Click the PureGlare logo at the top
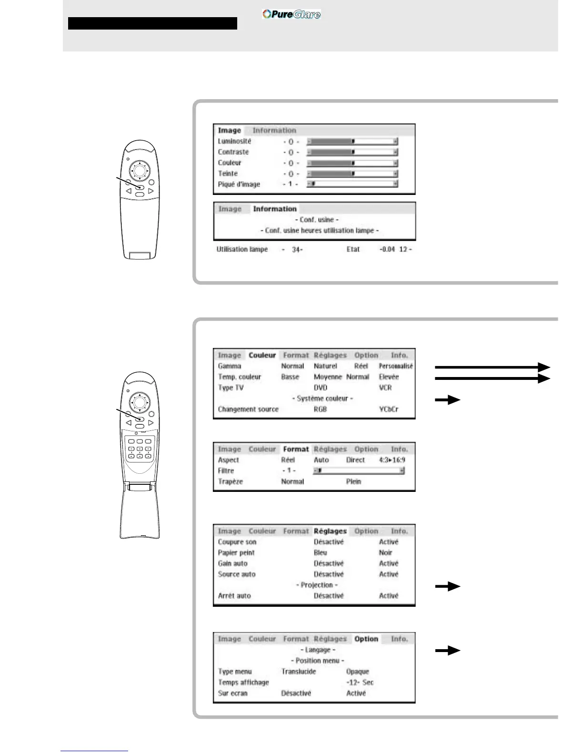(x=291, y=14)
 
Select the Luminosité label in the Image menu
(x=234, y=141)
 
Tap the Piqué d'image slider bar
(x=352, y=184)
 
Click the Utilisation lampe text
(x=242, y=249)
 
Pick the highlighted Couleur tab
(x=262, y=355)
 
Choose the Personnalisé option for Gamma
(x=396, y=366)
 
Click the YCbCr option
(x=389, y=409)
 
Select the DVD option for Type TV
(x=321, y=388)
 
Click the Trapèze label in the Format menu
(x=231, y=481)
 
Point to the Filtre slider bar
(x=359, y=471)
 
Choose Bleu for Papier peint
(x=321, y=552)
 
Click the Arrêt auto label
(x=234, y=595)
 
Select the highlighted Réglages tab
(x=330, y=531)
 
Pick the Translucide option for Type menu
(x=299, y=671)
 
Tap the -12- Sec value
(x=360, y=682)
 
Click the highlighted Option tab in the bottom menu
(x=366, y=639)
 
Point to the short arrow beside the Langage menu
(x=448, y=651)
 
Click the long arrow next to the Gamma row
(x=493, y=367)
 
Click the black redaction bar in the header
(x=152, y=23)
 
